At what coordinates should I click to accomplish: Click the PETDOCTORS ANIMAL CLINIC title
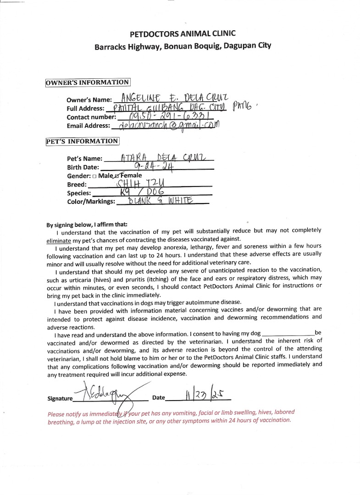[183, 33]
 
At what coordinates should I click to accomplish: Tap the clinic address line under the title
[183, 46]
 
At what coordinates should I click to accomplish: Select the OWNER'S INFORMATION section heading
[88, 82]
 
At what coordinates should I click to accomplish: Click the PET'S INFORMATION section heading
[83, 141]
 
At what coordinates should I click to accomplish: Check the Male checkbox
[94, 176]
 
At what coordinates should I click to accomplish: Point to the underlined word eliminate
[59, 240]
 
